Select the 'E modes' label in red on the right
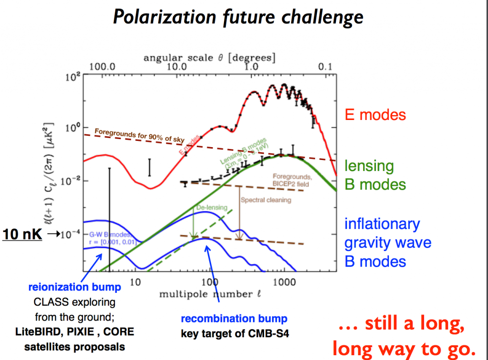375,115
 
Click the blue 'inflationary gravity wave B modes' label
387,242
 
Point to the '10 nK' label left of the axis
21,234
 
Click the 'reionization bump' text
74,288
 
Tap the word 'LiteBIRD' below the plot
46,331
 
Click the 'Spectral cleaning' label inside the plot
265,200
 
